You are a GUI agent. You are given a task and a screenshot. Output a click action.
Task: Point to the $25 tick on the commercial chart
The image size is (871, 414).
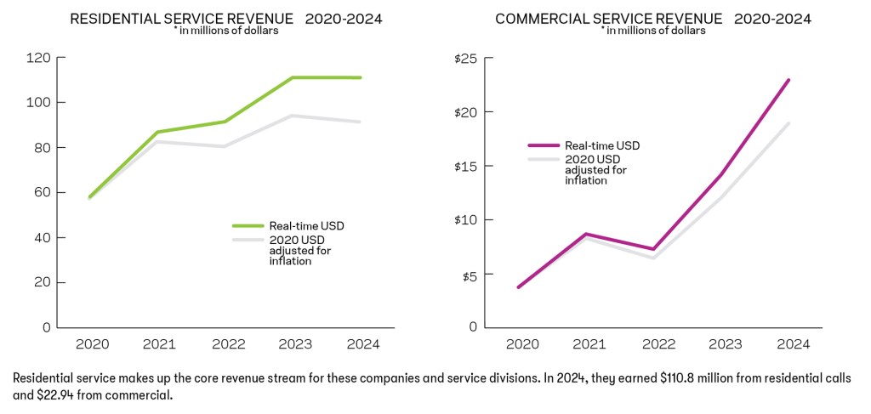coord(466,58)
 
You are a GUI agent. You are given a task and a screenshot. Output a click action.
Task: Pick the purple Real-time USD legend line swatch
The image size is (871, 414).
coord(544,146)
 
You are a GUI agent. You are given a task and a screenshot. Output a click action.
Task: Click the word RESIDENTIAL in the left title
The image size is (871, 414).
coord(116,19)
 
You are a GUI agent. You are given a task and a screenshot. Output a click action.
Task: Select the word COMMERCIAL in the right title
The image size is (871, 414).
coord(541,19)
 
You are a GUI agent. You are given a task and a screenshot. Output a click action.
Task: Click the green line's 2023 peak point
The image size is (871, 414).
coord(292,77)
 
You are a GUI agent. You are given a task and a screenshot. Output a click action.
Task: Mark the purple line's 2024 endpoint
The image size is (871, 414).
coord(788,80)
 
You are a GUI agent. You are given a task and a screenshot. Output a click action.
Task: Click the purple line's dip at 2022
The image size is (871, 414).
coord(654,249)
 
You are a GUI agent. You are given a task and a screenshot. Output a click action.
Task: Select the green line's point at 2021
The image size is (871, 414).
coord(159,132)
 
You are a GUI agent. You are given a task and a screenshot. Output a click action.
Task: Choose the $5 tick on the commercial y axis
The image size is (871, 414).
coord(470,275)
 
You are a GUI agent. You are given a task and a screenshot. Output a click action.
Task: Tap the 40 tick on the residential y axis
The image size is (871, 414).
coord(42,237)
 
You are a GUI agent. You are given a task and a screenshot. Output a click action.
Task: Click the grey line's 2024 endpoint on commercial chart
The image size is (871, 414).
coord(788,123)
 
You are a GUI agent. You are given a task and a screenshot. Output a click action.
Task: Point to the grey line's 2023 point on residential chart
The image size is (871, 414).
coord(292,116)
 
